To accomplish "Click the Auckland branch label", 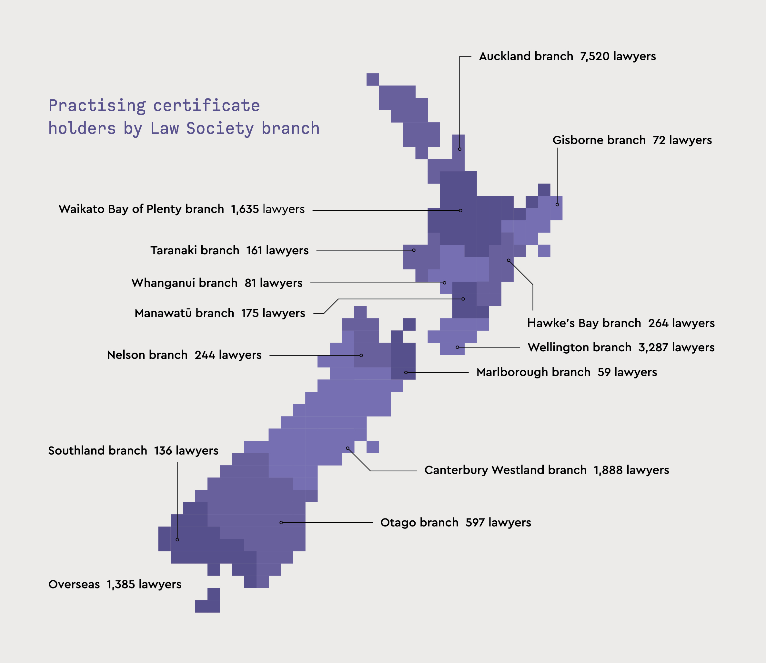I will tap(526, 56).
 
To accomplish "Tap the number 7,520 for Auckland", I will tap(594, 56).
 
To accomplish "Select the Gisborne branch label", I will tap(599, 140).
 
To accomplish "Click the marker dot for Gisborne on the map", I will tap(557, 205).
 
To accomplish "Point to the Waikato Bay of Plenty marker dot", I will tap(461, 211).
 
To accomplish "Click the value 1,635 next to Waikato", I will tap(245, 209).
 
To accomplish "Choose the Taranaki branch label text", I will tap(195, 250).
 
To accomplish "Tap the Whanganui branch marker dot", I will tap(444, 283).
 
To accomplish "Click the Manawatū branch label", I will tap(184, 313).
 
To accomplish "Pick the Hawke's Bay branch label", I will tap(584, 323).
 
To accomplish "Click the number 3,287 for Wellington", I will tap(653, 347).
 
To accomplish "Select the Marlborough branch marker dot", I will tap(406, 373).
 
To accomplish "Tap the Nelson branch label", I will tap(147, 355).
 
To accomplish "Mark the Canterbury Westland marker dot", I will tap(348, 448).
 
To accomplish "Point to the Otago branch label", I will tap(419, 523).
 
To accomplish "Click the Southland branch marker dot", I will tap(177, 540).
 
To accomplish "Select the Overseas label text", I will tap(74, 585).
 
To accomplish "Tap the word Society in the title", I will tap(220, 129).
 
